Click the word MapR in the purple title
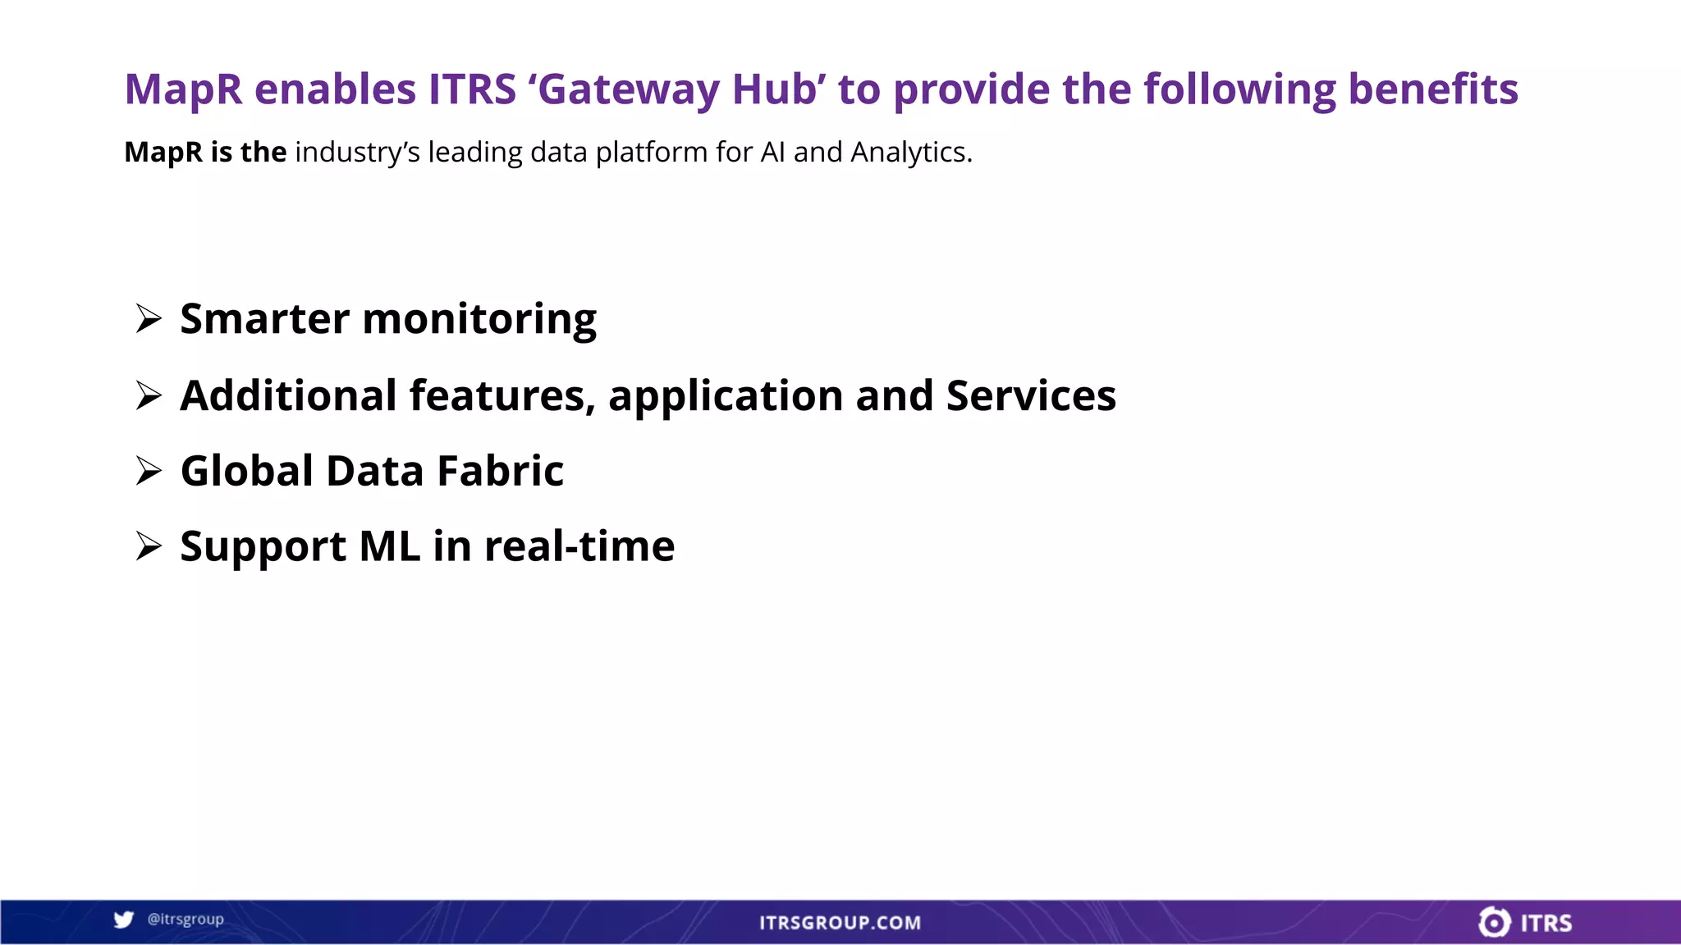pyautogui.click(x=183, y=90)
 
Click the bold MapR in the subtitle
pyautogui.click(x=163, y=153)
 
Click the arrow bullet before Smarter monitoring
pyautogui.click(x=149, y=318)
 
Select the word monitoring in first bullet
pyautogui.click(x=479, y=320)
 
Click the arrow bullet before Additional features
pyautogui.click(x=149, y=395)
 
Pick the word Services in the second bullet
pyautogui.click(x=1031, y=395)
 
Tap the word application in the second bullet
pyautogui.click(x=726, y=397)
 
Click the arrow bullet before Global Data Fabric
pyautogui.click(x=149, y=471)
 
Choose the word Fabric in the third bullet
pyautogui.click(x=500, y=471)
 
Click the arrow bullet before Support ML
pyautogui.click(x=149, y=546)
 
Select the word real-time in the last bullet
pyautogui.click(x=579, y=546)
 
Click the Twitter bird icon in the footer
pyautogui.click(x=124, y=920)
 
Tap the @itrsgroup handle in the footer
pyautogui.click(x=186, y=920)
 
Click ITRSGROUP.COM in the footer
pyautogui.click(x=840, y=923)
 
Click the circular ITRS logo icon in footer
pyautogui.click(x=1494, y=922)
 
